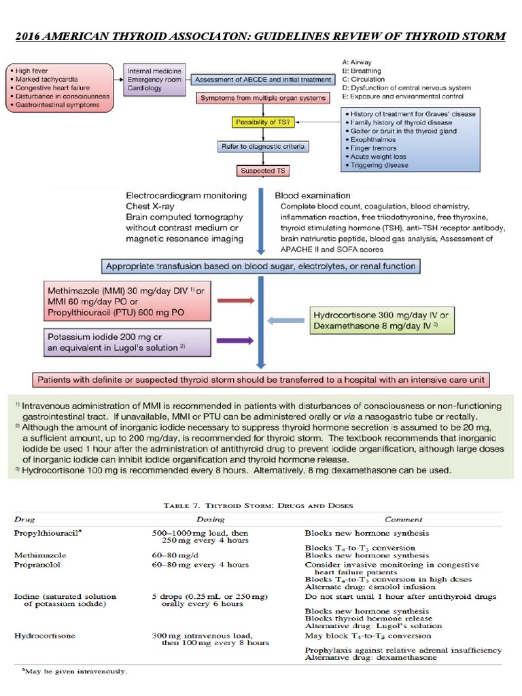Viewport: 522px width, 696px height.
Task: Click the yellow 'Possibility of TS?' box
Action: [x=263, y=122]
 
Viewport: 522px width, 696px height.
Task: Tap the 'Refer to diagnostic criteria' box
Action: [x=263, y=146]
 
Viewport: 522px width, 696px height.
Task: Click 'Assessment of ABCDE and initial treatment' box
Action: [x=262, y=80]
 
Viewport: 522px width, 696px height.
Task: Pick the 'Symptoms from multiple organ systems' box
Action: [x=263, y=98]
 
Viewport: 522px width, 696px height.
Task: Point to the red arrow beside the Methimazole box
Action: [x=235, y=299]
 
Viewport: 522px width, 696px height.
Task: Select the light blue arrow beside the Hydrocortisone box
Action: [x=286, y=320]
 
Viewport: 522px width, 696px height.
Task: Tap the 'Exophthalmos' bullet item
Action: [x=373, y=139]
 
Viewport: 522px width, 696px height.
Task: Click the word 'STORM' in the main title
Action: [x=481, y=36]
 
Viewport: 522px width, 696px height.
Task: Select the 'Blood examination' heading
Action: [x=313, y=196]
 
